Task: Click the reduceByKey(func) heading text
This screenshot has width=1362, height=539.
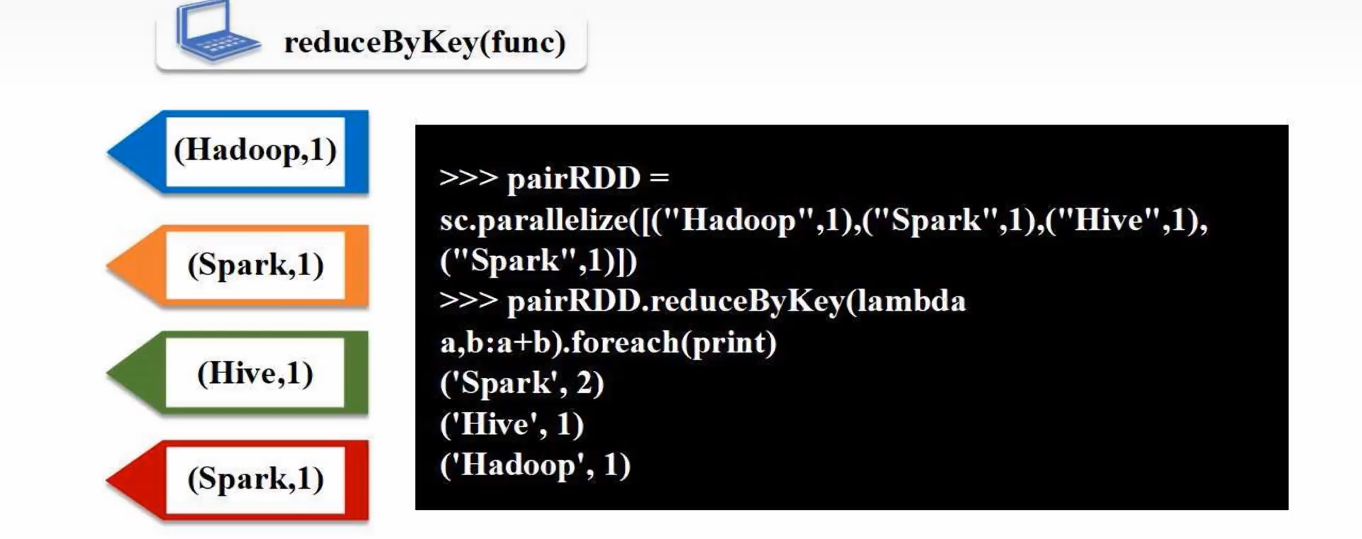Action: (424, 43)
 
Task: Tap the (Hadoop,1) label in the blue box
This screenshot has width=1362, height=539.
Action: (255, 150)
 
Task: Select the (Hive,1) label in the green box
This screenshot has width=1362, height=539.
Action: (255, 373)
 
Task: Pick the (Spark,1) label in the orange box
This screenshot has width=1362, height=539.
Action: (255, 265)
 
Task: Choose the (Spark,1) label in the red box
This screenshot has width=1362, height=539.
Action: (255, 479)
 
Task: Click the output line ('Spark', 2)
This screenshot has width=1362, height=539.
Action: (521, 384)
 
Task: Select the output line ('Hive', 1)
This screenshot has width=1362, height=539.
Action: (511, 425)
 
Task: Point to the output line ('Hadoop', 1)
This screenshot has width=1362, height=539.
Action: (535, 466)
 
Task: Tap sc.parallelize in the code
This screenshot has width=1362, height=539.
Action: (533, 221)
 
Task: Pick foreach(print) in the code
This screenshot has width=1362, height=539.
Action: (674, 343)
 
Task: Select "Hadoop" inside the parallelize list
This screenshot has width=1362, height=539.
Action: (737, 221)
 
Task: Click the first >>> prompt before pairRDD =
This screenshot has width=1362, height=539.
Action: (468, 177)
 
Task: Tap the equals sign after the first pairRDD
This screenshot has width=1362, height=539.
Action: (659, 177)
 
